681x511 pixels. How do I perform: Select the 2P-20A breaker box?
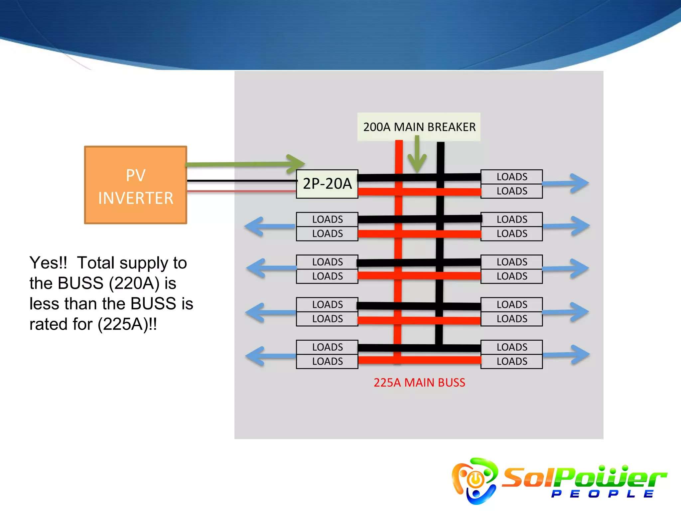pos(327,184)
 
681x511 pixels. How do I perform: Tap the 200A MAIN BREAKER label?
pos(419,127)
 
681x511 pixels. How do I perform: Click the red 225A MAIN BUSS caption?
pos(419,383)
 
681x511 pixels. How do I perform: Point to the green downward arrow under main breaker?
pos(417,156)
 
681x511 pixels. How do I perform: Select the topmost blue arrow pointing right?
pos(579,183)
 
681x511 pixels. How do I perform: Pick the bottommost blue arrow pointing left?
pos(256,356)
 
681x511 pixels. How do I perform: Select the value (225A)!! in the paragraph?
pos(127,324)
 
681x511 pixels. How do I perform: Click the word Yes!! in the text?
pos(48,263)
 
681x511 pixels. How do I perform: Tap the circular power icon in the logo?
pos(476,479)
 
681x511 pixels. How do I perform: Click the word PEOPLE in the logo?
pos(602,494)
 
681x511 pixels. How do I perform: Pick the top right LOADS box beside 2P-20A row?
pos(511,177)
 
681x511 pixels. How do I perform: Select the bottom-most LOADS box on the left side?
pos(327,361)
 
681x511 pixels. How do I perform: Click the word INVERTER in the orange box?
pos(136,198)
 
